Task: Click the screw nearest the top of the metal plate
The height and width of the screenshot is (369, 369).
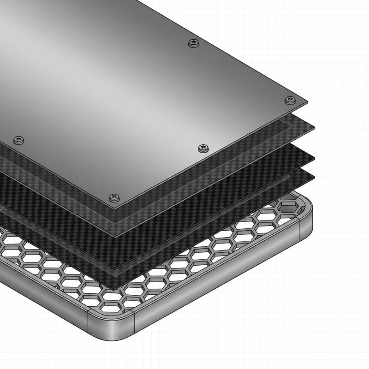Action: (194, 43)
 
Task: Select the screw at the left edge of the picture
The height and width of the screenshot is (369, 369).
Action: (18, 139)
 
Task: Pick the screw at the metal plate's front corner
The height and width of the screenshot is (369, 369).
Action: (114, 198)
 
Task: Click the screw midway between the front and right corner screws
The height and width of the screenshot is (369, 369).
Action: (202, 148)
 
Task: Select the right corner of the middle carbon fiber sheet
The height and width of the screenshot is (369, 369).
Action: (315, 158)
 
